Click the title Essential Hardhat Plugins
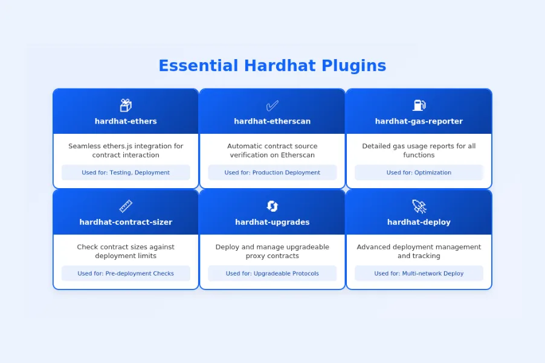pos(272,66)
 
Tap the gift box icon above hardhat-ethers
pos(126,106)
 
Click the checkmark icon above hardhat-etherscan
pos(272,106)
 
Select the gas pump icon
pos(419,106)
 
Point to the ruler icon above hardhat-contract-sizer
pos(126,206)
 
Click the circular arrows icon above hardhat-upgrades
pos(272,206)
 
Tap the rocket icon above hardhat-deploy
pos(419,206)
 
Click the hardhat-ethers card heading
pos(126,121)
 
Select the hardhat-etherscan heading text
pos(272,121)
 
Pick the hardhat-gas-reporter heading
pos(419,121)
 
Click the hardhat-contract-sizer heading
pos(126,222)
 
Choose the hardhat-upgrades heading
pos(272,222)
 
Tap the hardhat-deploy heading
pos(419,222)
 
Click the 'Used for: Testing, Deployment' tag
pos(126,172)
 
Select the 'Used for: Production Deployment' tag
pos(272,172)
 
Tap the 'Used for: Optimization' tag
pos(419,172)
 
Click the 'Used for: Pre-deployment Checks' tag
pos(126,273)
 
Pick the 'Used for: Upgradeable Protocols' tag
pos(272,273)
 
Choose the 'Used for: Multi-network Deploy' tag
pos(419,273)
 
